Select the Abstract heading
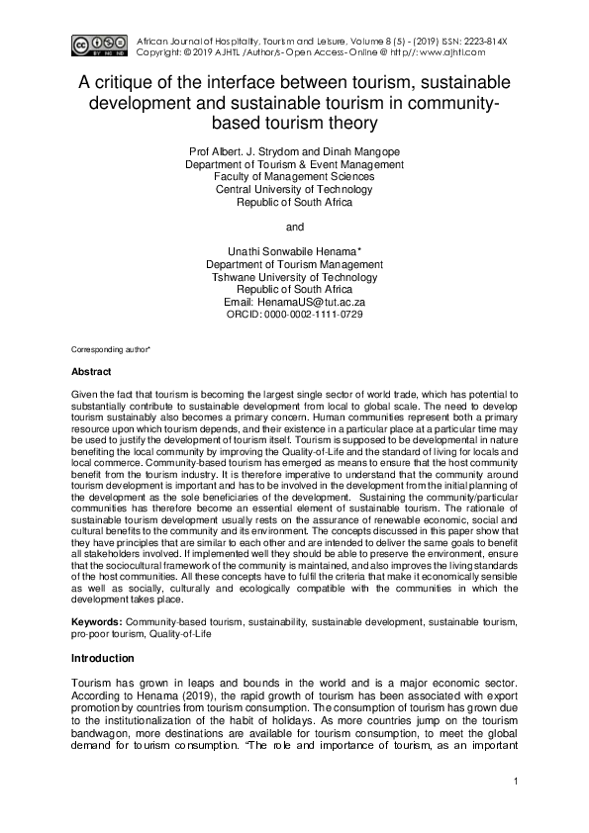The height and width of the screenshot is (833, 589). point(91,373)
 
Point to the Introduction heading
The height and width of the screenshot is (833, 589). point(103,658)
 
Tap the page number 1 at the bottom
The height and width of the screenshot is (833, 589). point(517,784)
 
